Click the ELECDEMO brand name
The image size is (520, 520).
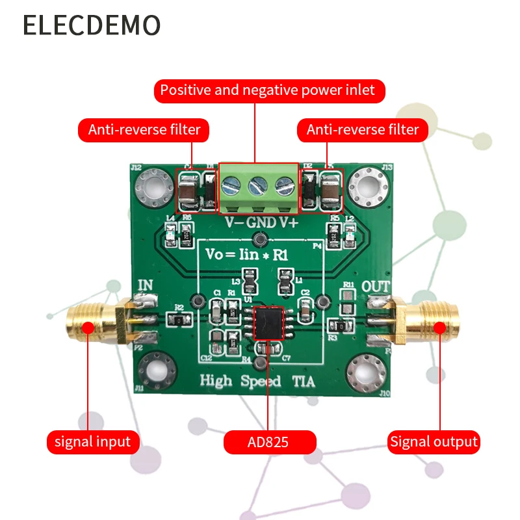(92, 25)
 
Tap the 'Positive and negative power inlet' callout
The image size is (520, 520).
(269, 90)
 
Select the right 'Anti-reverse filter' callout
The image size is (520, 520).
(363, 129)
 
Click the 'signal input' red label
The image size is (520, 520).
(92, 443)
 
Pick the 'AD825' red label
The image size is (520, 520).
(269, 443)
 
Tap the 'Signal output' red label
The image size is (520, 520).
(434, 443)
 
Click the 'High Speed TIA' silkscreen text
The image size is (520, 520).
(257, 382)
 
